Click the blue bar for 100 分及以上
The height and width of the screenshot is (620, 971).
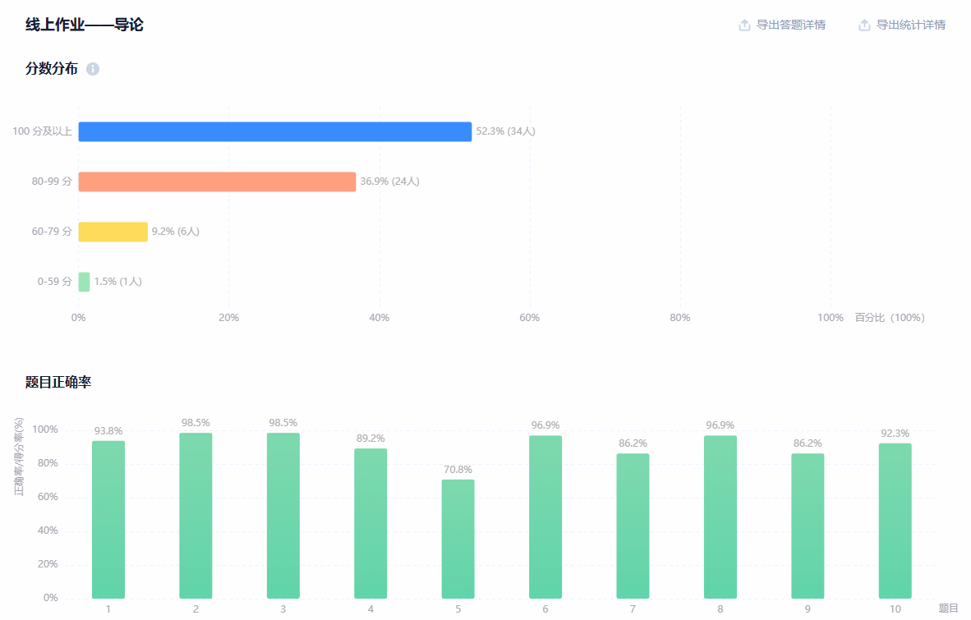(x=274, y=131)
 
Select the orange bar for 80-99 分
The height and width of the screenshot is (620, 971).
(x=217, y=181)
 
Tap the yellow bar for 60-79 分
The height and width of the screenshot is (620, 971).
(x=113, y=232)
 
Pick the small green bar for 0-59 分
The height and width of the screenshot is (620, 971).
(x=84, y=282)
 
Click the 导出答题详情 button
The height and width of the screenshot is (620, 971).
(x=782, y=25)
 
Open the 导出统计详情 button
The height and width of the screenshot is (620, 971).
(x=902, y=25)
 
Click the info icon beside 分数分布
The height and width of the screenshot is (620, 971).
(x=93, y=69)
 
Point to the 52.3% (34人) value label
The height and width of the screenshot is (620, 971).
(x=505, y=131)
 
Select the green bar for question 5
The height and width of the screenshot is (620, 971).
(x=458, y=539)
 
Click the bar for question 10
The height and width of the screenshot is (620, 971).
(x=895, y=521)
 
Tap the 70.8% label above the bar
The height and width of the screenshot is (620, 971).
(x=458, y=470)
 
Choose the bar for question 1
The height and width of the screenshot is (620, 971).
(x=108, y=519)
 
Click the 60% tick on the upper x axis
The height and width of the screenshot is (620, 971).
(x=530, y=318)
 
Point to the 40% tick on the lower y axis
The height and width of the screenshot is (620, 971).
(x=45, y=530)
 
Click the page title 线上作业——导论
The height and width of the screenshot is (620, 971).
(x=85, y=25)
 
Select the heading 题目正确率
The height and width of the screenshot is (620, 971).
(x=58, y=382)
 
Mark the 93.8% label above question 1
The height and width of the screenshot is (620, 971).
(x=108, y=431)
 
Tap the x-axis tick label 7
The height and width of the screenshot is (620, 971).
(x=633, y=609)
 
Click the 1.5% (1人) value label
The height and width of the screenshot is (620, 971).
(x=117, y=282)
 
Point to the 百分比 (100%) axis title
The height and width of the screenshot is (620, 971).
(x=890, y=318)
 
